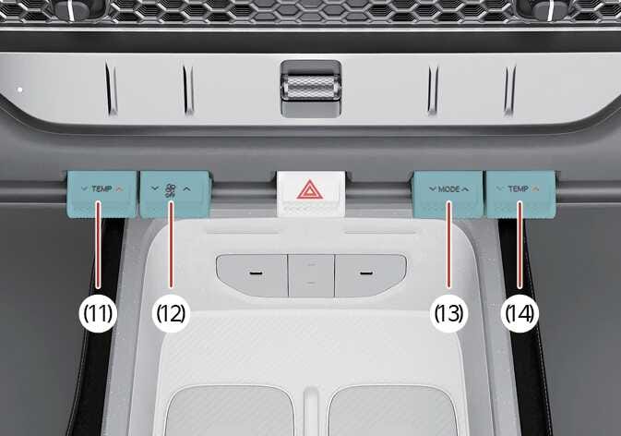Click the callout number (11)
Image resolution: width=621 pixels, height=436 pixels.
click(98, 313)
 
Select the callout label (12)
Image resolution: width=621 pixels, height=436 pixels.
click(171, 313)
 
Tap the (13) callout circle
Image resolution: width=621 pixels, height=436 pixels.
click(448, 313)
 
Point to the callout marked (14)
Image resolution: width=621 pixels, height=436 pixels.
click(519, 313)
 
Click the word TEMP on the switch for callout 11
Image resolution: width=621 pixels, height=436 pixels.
click(102, 189)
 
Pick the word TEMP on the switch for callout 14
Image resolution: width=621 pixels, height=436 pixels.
click(519, 189)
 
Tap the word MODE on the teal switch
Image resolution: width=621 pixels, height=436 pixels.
click(449, 189)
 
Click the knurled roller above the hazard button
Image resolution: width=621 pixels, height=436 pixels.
click(311, 88)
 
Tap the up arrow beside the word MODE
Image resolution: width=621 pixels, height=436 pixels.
click(466, 189)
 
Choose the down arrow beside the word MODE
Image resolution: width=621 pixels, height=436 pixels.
click(433, 189)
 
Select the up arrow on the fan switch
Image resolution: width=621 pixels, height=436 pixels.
click(187, 188)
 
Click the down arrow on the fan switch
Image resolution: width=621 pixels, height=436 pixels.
click(155, 188)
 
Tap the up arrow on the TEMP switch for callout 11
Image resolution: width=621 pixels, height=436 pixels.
click(120, 189)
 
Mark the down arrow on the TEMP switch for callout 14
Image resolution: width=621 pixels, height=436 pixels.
click(501, 188)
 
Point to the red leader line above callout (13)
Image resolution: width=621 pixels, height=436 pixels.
click(449, 244)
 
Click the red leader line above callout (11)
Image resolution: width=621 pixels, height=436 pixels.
click(98, 244)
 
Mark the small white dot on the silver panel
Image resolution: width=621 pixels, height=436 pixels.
click(19, 90)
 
